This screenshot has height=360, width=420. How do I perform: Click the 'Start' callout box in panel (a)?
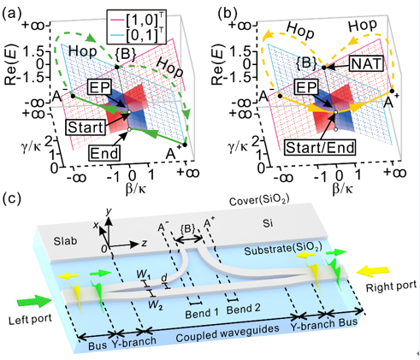[x=86, y=127]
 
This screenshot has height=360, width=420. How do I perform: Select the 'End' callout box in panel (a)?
[x=104, y=153]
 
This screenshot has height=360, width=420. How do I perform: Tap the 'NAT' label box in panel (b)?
[x=366, y=63]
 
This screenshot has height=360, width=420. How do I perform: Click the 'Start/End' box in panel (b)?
[x=320, y=147]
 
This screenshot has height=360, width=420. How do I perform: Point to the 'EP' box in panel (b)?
[x=306, y=87]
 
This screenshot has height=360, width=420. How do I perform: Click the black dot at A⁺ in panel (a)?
[x=185, y=145]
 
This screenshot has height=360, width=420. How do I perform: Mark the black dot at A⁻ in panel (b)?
[x=280, y=97]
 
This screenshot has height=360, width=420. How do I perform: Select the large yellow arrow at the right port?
[x=373, y=271]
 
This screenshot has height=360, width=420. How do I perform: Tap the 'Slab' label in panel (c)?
[x=65, y=241]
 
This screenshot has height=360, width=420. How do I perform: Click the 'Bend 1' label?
[x=202, y=314]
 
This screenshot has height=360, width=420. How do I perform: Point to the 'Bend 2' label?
[x=243, y=309]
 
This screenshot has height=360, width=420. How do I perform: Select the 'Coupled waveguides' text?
[x=228, y=333]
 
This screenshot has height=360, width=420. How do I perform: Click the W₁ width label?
[x=144, y=274]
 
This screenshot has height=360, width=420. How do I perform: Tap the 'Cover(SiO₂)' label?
[x=259, y=200]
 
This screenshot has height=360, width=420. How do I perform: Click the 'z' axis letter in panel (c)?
[x=145, y=243]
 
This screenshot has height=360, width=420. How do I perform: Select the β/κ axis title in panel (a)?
[x=136, y=189]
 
